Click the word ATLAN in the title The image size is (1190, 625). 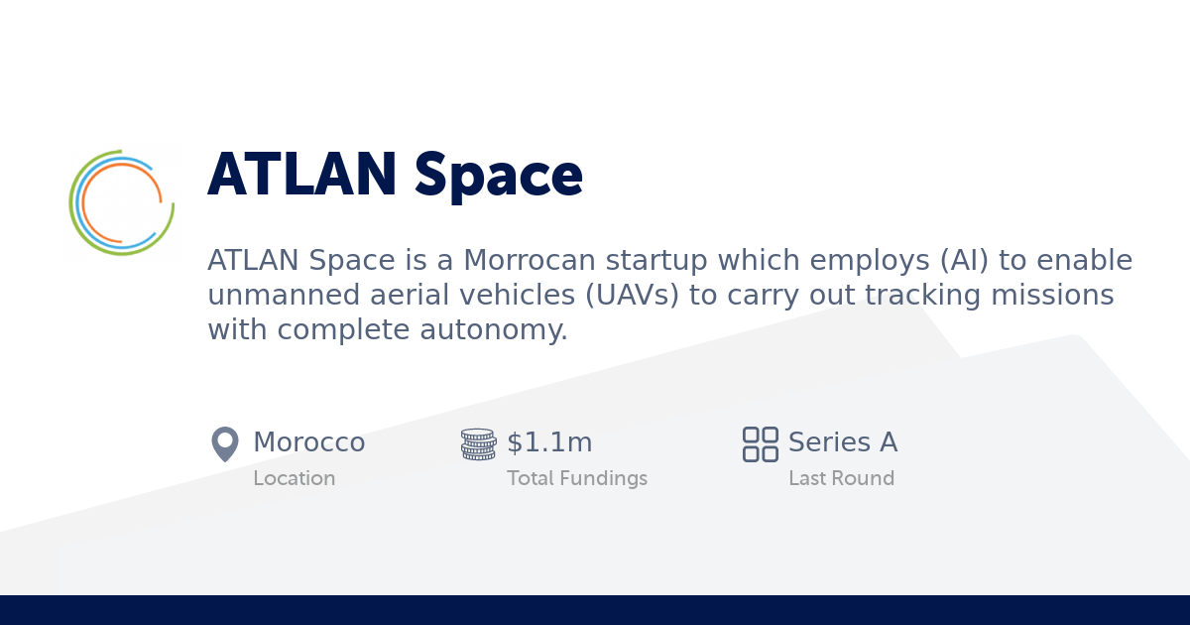click(x=301, y=176)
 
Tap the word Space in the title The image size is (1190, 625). click(x=498, y=176)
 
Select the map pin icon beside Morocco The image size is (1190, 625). click(x=225, y=443)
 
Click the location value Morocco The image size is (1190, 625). click(x=308, y=442)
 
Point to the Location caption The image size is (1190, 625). click(x=294, y=478)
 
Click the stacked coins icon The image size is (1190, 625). click(x=478, y=443)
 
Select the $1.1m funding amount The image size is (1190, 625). click(x=549, y=442)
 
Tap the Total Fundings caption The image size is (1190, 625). click(x=576, y=478)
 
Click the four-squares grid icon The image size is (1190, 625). click(x=761, y=443)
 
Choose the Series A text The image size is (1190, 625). click(x=843, y=442)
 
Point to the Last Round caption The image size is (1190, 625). click(x=841, y=478)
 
